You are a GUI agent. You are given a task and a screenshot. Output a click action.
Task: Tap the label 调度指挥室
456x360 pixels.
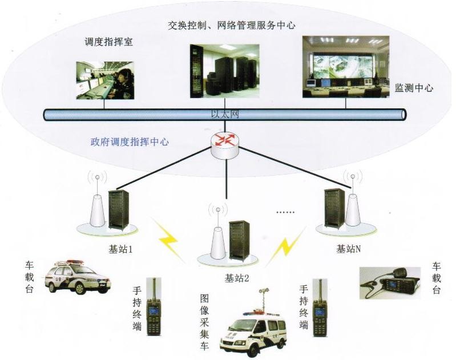coord(104,42)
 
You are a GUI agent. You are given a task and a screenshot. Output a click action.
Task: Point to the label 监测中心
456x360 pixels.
coord(414,88)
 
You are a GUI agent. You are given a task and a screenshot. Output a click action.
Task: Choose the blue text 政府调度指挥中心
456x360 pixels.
coord(130,142)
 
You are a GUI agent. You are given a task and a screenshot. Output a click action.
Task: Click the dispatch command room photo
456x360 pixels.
coord(106,80)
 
